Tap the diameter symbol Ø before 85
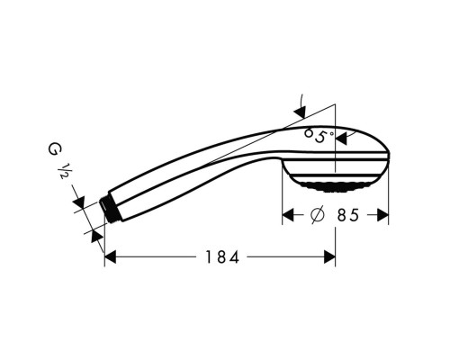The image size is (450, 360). [x=317, y=216]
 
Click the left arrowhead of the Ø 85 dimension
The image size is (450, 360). [x=291, y=216]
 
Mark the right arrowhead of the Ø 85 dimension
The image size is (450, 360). [x=382, y=216]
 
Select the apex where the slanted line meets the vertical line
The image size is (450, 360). [x=335, y=100]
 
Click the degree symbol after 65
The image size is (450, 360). [x=331, y=132]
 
